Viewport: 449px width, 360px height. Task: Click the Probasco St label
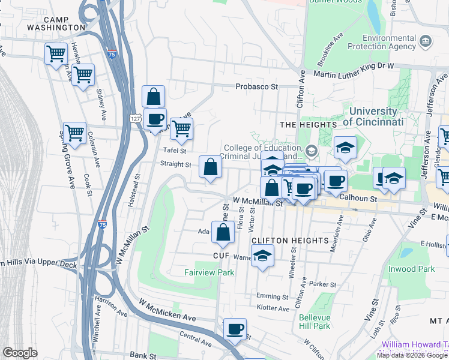coord(257,86)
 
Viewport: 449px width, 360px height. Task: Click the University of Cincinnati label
coord(373,116)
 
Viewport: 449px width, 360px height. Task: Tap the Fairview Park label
coord(209,272)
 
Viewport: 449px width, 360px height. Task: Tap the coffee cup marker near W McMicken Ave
coord(235,329)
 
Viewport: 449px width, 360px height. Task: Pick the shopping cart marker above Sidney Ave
coord(83,75)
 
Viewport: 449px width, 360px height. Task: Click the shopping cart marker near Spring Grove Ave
coord(74,133)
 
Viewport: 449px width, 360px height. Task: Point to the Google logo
coord(20,353)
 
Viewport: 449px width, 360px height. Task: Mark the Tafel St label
coord(175,151)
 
